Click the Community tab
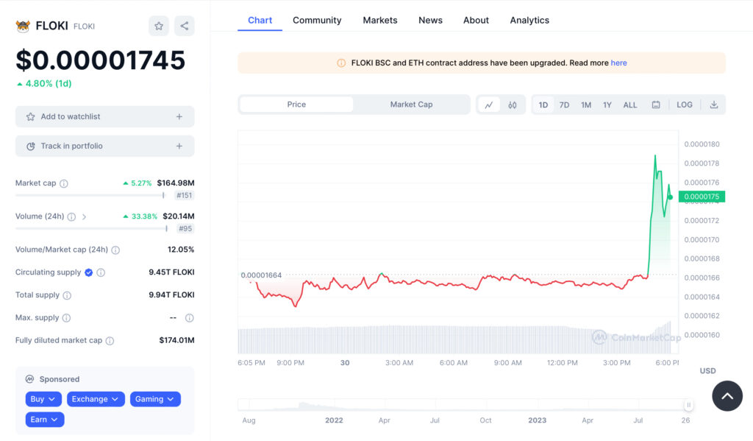tap(317, 20)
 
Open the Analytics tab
tap(529, 20)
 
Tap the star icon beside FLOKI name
tap(159, 26)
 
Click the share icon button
tap(185, 26)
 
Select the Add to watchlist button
tap(104, 116)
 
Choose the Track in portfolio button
tap(104, 146)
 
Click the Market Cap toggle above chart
tap(411, 105)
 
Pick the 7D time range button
tap(564, 105)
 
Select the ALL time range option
tap(630, 105)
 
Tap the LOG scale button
tap(685, 105)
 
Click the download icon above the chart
tap(713, 105)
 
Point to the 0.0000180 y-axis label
tap(702, 144)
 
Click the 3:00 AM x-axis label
tap(399, 363)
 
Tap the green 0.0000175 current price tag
tap(702, 197)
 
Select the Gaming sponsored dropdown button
tap(155, 399)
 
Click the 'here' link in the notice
tap(618, 63)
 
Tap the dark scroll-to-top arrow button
tap(727, 396)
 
